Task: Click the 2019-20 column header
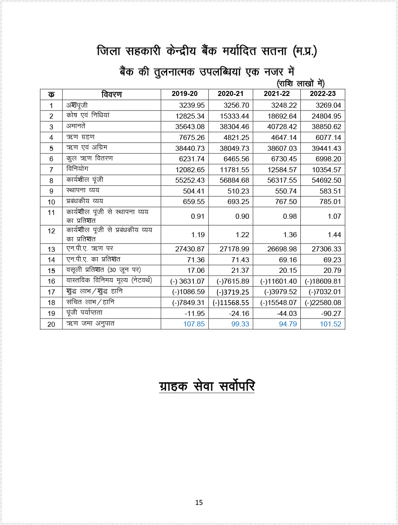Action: point(184,94)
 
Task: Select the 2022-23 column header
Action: point(323,94)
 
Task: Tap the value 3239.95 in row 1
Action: point(191,105)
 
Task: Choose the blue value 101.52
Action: point(331,324)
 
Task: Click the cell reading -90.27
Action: point(331,313)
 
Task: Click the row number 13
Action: point(51,249)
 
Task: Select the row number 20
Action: point(51,324)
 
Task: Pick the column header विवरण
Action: point(111,94)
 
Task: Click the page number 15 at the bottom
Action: point(199,502)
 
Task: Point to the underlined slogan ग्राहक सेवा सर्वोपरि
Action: point(207,386)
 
